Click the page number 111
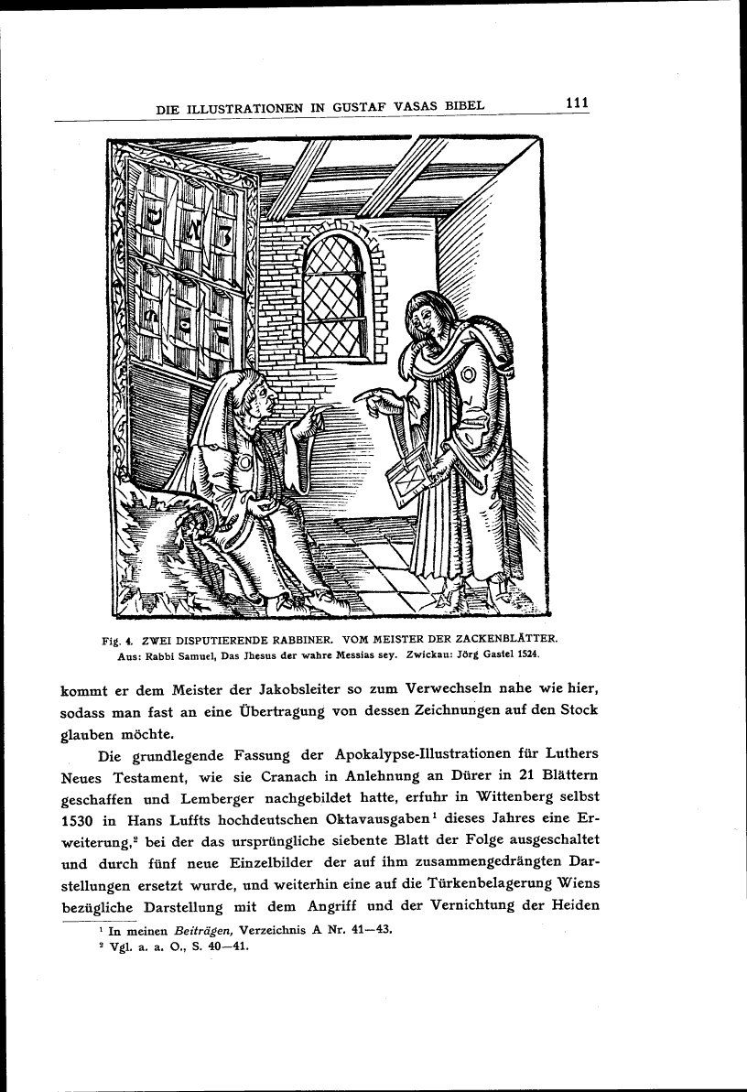pos(576,103)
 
